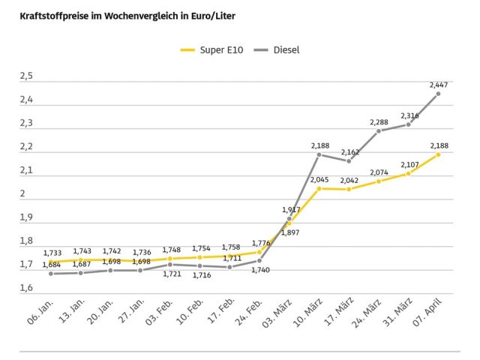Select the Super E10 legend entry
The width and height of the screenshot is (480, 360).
210,50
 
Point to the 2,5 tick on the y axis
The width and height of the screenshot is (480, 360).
27,76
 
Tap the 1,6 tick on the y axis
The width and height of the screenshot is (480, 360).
27,289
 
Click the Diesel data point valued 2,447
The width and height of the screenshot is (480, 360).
438,94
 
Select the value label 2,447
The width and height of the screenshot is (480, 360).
439,85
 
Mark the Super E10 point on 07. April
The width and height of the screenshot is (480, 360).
438,154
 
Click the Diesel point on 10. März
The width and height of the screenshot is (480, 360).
319,154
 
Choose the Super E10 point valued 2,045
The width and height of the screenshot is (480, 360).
319,188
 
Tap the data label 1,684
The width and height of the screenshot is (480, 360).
52,264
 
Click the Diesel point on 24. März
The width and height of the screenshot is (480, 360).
379,131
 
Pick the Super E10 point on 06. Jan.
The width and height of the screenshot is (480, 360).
51,262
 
